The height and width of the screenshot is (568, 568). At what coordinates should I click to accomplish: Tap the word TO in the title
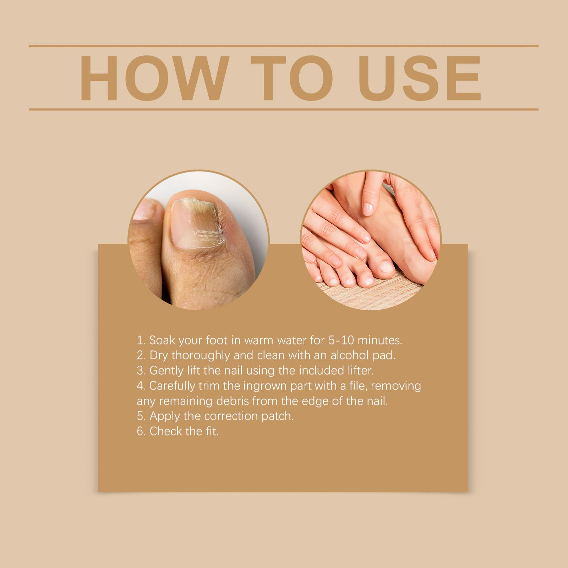[292, 78]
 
